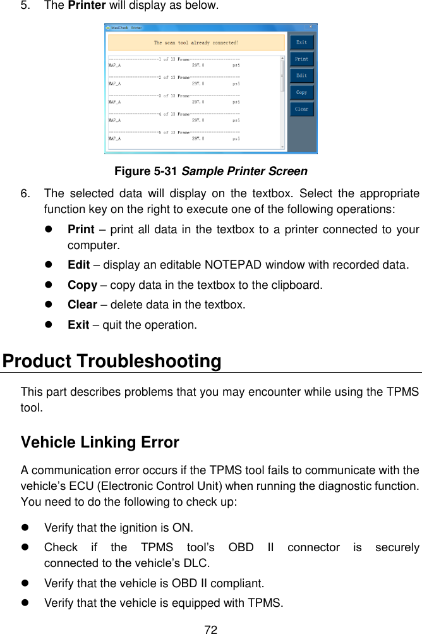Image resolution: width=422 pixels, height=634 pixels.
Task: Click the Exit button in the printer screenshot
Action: tap(301, 42)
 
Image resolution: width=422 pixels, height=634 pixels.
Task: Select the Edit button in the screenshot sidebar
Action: tap(301, 75)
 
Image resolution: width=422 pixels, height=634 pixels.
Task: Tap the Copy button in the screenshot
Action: tap(301, 92)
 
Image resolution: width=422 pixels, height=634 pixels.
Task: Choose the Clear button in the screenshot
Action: tap(301, 109)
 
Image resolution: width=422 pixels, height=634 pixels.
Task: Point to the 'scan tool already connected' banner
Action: tap(196, 43)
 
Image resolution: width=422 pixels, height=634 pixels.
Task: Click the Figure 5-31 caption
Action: tap(210, 171)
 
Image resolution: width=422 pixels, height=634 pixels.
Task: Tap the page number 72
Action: tap(211, 630)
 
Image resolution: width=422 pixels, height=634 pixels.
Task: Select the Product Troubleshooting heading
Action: tap(112, 362)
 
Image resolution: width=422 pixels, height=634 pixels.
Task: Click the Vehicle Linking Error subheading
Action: tap(100, 442)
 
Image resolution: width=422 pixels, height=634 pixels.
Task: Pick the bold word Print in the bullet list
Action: tap(81, 229)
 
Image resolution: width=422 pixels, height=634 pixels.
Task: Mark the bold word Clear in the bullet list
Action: tap(82, 305)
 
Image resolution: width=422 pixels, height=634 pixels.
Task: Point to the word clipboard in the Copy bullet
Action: tap(299, 285)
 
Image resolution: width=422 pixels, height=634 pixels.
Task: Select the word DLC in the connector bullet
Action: tap(198, 563)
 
